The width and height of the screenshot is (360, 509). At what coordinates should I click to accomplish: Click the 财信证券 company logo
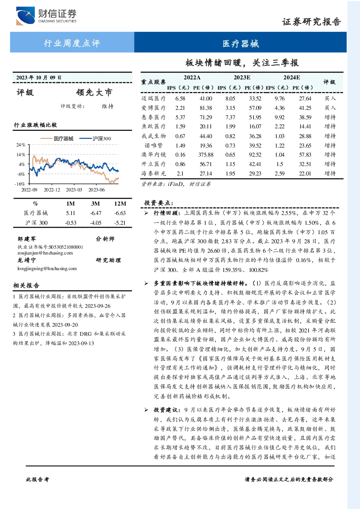point(46,16)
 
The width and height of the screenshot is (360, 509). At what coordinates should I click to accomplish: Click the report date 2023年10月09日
point(39,78)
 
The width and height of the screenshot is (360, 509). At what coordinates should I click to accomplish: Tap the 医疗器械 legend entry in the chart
point(57,138)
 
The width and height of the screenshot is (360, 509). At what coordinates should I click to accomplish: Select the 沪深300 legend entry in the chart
point(95,138)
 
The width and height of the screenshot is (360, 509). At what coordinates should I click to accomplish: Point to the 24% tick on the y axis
point(21,145)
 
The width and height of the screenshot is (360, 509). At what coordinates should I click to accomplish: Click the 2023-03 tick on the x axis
point(74,190)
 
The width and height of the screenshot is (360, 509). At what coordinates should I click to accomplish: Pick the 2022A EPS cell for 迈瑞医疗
point(180,98)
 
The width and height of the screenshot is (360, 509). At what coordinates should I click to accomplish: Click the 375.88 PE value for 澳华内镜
point(206,155)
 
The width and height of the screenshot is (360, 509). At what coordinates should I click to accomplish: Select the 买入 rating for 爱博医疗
point(330,108)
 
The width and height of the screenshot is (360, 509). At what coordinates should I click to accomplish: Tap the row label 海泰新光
point(154,173)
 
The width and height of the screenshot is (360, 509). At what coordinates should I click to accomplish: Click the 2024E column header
point(291,78)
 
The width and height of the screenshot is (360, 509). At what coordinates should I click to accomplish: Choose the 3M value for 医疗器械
point(95,213)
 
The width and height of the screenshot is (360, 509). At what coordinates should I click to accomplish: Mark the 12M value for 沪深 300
point(120,223)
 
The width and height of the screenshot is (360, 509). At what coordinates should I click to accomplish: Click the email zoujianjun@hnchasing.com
point(45,253)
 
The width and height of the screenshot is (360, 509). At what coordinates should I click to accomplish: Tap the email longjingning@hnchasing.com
point(47,268)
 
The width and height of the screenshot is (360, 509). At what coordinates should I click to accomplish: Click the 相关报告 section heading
point(26,285)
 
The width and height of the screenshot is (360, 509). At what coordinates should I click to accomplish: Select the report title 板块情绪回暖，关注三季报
point(242,63)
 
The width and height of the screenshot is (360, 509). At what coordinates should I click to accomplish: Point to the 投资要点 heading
point(159,203)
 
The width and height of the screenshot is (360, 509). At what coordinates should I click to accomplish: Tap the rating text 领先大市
point(94,92)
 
